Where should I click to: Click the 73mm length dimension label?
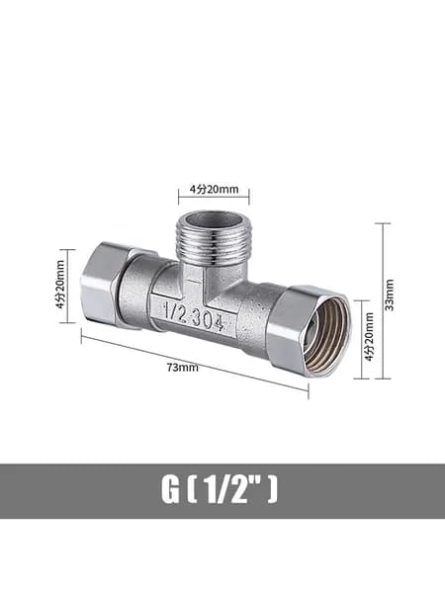pos(183,368)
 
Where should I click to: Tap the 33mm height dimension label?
pos(390,295)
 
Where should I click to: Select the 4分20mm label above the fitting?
pos(215,189)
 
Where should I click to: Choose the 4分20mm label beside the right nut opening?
pos(369,337)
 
